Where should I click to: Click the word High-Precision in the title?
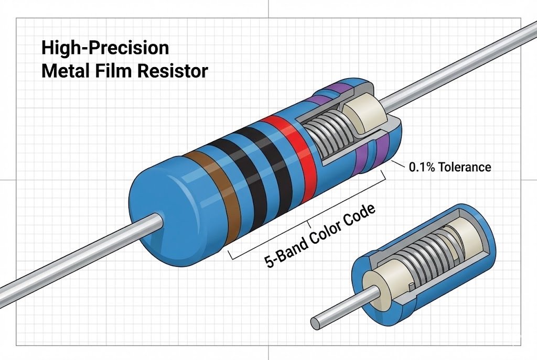click(x=105, y=48)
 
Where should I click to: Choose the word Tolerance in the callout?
click(x=464, y=167)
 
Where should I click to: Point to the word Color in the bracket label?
click(x=324, y=233)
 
